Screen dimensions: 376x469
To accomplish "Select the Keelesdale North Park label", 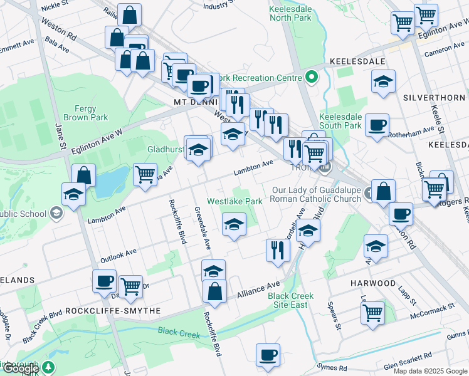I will pyautogui.click(x=290, y=14).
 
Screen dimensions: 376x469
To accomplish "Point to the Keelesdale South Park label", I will pyautogui.click(x=340, y=121).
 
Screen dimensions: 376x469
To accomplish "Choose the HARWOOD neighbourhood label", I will pyautogui.click(x=373, y=283).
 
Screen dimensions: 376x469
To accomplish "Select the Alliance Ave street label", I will pyautogui.click(x=258, y=290).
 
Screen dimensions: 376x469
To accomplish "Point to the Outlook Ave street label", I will pyautogui.click(x=118, y=255).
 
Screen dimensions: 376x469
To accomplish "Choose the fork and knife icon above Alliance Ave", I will pyautogui.click(x=277, y=249).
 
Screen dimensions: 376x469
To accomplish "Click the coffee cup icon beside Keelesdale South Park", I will pyautogui.click(x=376, y=125).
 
